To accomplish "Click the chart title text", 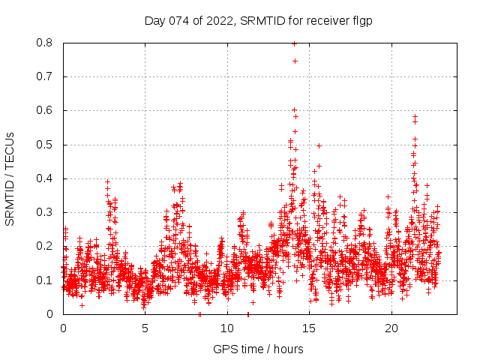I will (x=258, y=20).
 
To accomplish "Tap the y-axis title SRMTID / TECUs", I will (x=10, y=178).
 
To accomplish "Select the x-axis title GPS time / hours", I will (x=258, y=349).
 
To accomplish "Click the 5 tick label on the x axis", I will (x=145, y=328).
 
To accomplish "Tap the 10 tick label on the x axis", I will (x=227, y=328).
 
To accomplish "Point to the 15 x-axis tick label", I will (x=310, y=328).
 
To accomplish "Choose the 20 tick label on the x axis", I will (x=391, y=328).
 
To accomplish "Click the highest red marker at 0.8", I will (x=294, y=43).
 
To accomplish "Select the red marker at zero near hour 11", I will (x=248, y=313).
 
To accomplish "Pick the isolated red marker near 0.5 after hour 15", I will (x=319, y=145).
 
